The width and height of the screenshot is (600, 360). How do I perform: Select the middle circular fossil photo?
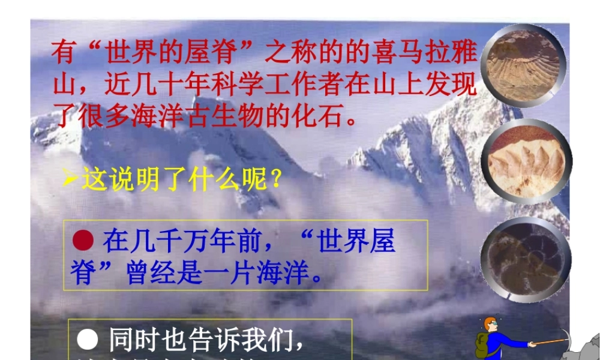[526, 161]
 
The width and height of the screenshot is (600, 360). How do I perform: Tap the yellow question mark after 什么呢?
[275, 179]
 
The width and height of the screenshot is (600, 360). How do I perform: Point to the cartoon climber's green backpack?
[482, 344]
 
